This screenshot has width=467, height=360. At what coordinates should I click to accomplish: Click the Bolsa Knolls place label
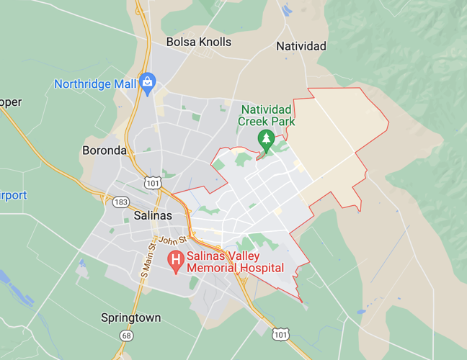click(x=199, y=42)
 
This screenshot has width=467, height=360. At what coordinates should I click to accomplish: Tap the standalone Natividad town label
click(x=301, y=46)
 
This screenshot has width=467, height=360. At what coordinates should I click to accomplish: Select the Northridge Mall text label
click(x=95, y=84)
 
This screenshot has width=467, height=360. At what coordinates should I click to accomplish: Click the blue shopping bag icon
click(x=148, y=81)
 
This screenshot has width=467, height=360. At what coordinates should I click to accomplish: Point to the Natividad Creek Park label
click(x=267, y=115)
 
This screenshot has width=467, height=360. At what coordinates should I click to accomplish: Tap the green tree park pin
click(x=267, y=139)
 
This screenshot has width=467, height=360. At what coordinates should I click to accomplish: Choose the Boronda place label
click(x=104, y=151)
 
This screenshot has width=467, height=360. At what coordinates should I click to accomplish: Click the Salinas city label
click(x=153, y=216)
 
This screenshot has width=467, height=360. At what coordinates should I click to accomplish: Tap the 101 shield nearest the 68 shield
click(x=281, y=335)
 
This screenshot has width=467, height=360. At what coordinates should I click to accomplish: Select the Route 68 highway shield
click(x=127, y=336)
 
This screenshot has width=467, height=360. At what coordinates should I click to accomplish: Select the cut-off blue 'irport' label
click(x=14, y=196)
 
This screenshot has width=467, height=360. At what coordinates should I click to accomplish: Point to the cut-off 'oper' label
click(x=11, y=102)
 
